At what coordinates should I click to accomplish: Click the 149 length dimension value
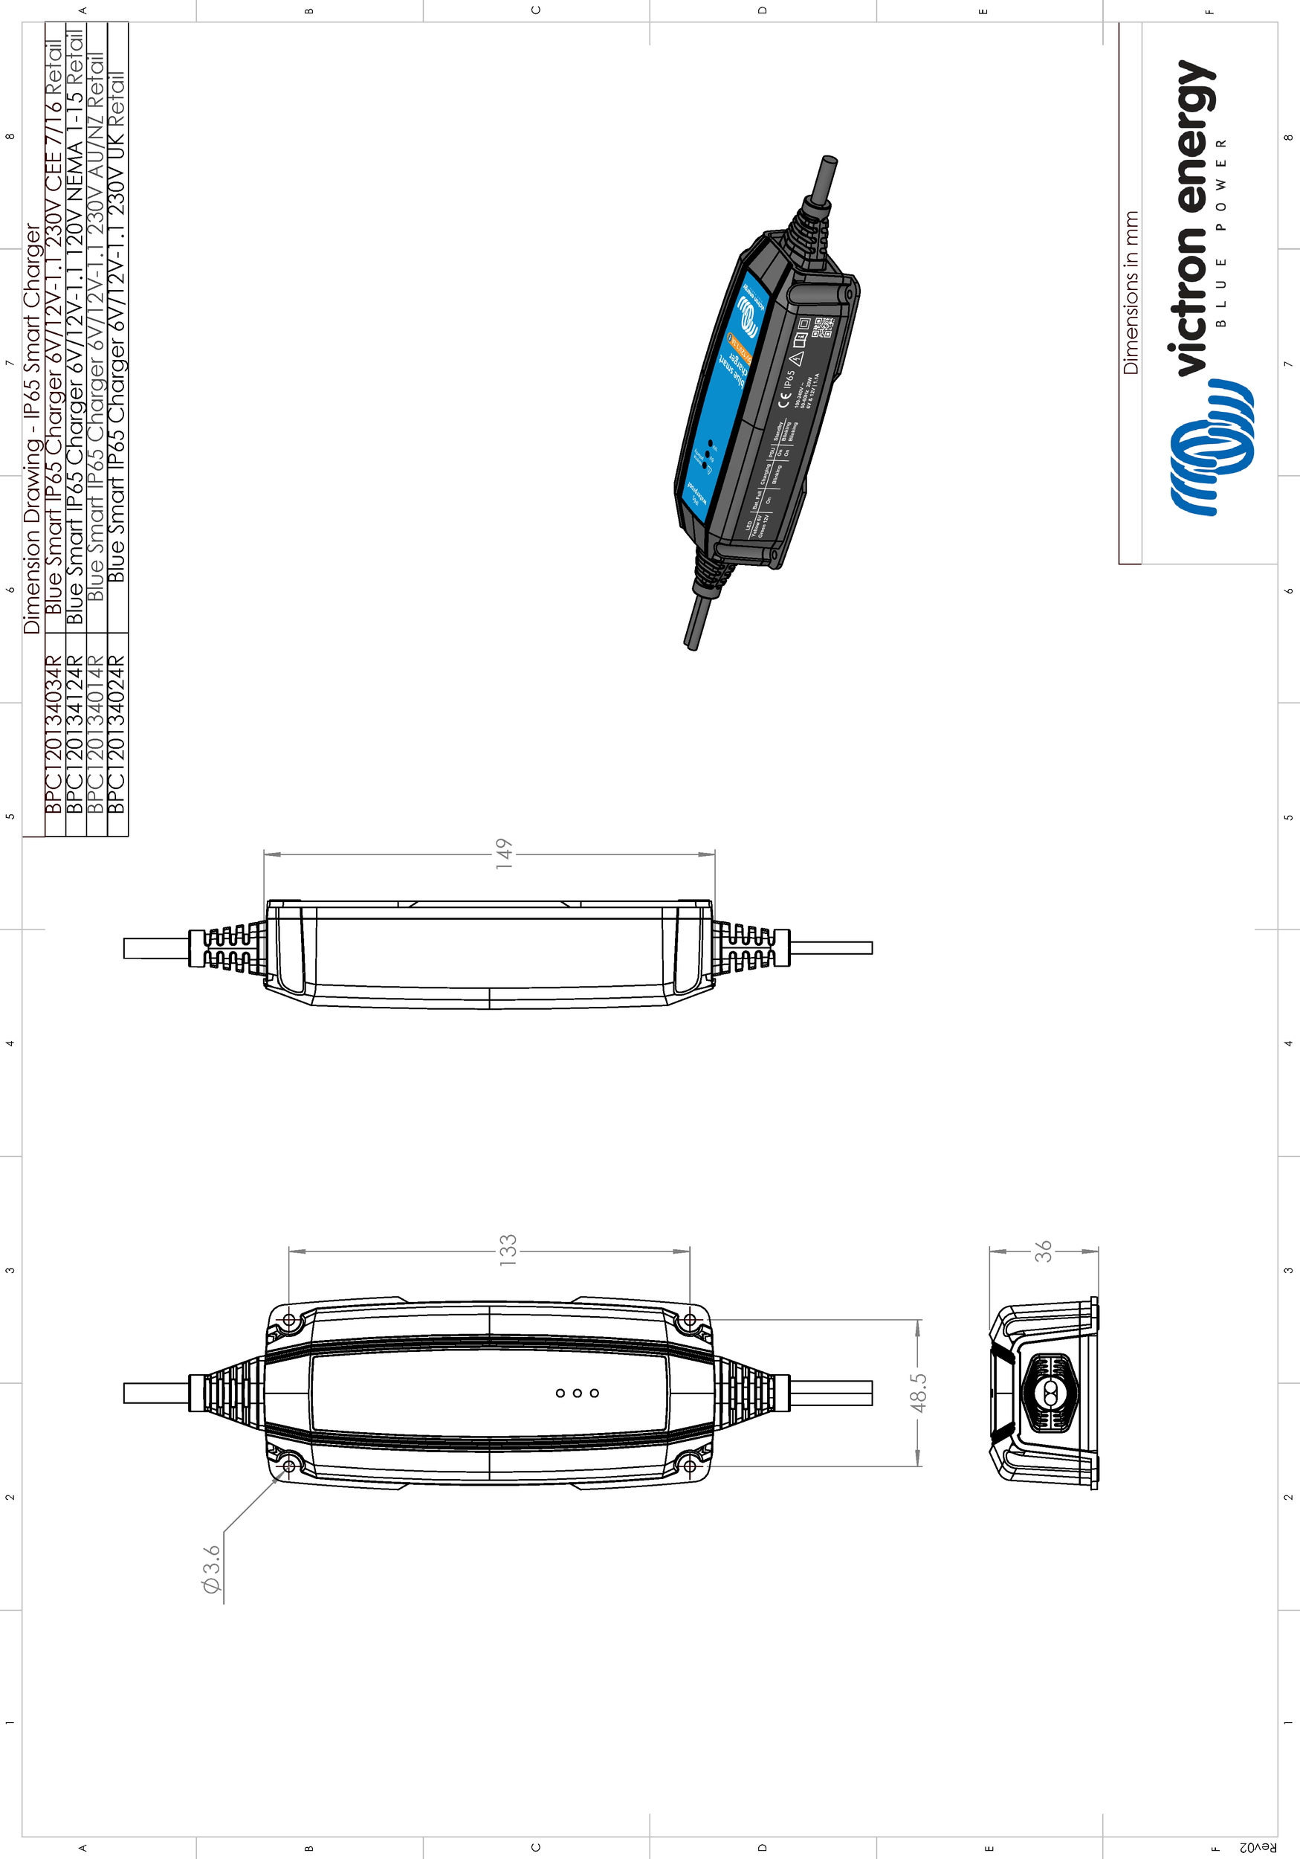click(x=503, y=854)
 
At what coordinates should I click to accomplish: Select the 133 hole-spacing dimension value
click(x=508, y=1250)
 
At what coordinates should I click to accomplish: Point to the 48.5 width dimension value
click(x=919, y=1393)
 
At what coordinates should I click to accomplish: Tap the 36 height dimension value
click(x=1044, y=1251)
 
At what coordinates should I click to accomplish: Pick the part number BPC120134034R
click(x=54, y=735)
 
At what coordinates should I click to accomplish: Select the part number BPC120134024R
click(x=117, y=735)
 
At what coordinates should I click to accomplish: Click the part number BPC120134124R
click(x=74, y=735)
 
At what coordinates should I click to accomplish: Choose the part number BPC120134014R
click(x=96, y=735)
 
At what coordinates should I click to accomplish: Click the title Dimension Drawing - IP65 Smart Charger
click(x=31, y=429)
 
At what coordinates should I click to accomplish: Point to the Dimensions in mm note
click(x=1131, y=293)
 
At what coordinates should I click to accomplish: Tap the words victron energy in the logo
click(x=1190, y=219)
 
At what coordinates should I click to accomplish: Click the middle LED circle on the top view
click(x=577, y=1393)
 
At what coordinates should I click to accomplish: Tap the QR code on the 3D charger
click(x=824, y=327)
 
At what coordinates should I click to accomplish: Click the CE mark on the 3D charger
click(x=783, y=399)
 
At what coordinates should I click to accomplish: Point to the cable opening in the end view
click(x=1050, y=1394)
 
